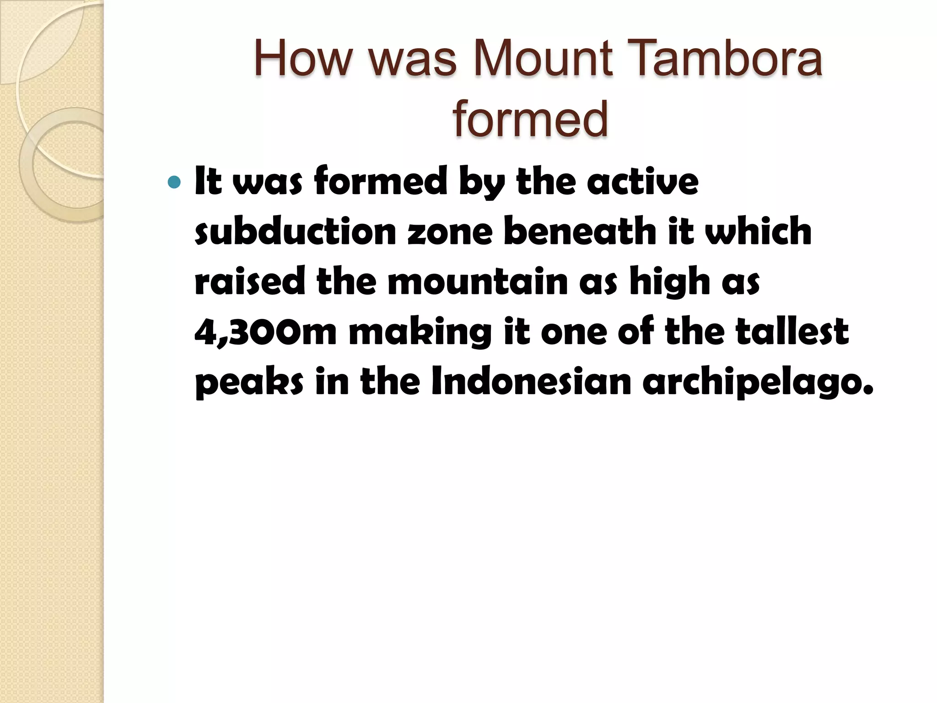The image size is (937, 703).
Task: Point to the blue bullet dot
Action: click(x=174, y=183)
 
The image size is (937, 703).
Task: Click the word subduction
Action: click(x=295, y=231)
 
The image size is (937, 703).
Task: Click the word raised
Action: click(x=249, y=281)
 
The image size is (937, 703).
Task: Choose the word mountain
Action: click(x=478, y=281)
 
